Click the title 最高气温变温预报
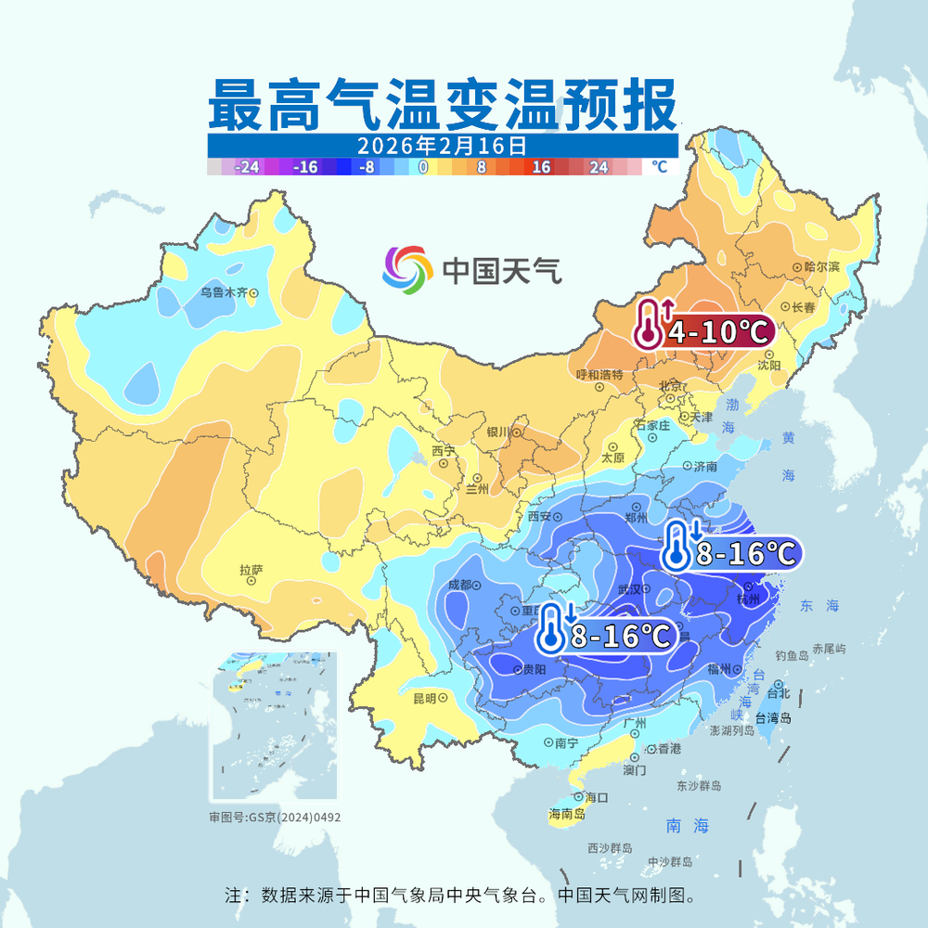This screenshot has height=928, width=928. click(x=440, y=105)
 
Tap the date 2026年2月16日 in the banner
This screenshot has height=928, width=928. click(x=442, y=146)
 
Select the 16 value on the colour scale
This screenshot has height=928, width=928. click(x=541, y=168)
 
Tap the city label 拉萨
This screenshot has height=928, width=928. click(x=251, y=571)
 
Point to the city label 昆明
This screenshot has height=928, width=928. click(x=424, y=698)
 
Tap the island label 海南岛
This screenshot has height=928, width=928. click(x=567, y=814)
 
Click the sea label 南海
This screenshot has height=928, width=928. click(x=687, y=824)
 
